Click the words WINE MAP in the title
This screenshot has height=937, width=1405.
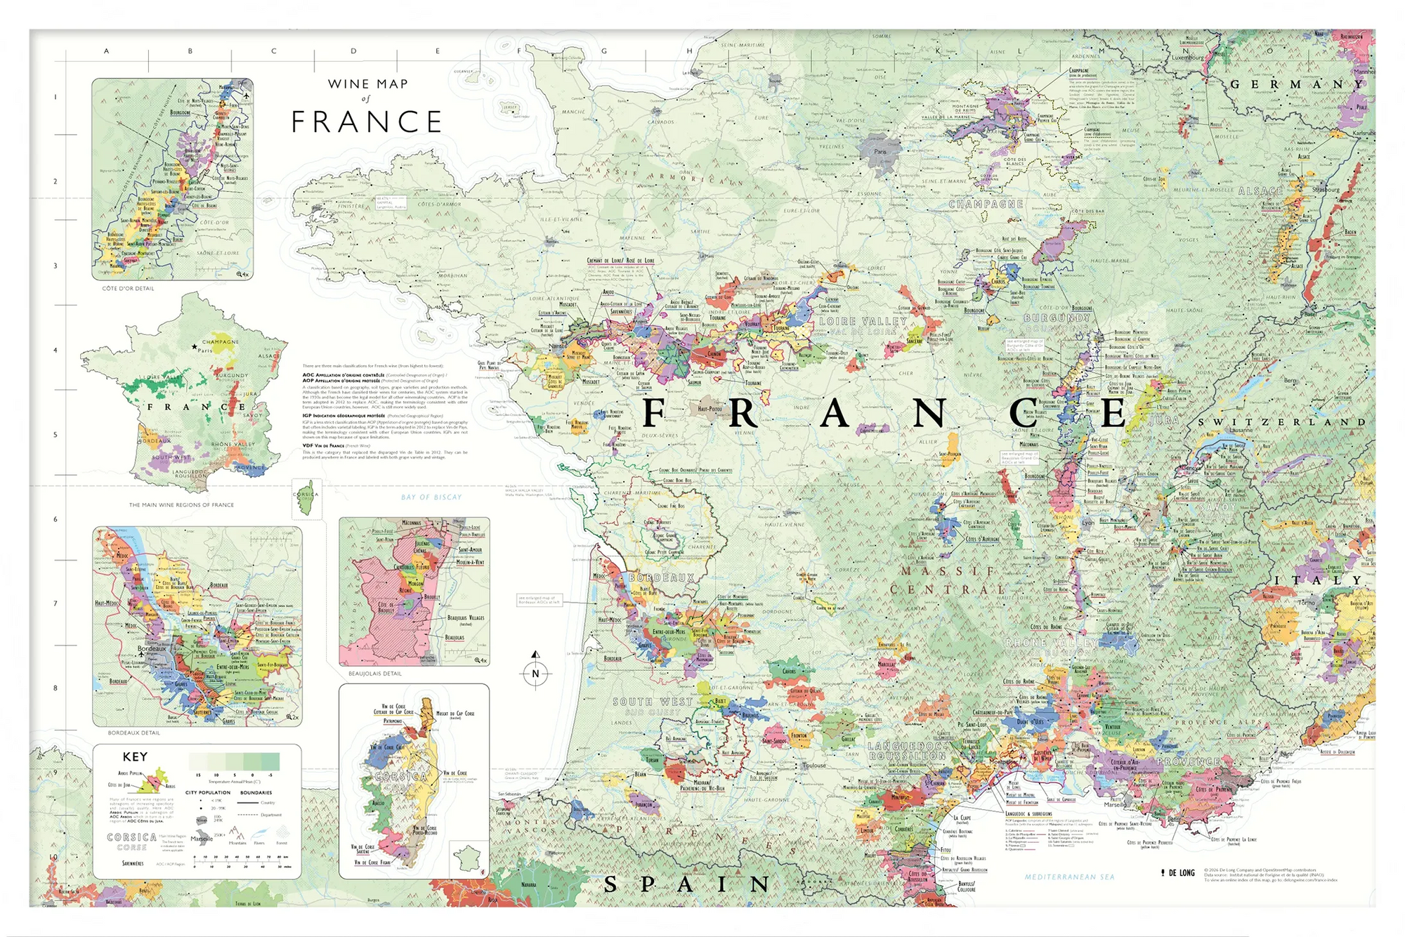click(x=367, y=84)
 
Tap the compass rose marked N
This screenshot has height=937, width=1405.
click(x=535, y=673)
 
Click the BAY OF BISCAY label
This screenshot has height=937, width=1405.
click(x=431, y=497)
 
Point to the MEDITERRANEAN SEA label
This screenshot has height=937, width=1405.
click(x=1069, y=877)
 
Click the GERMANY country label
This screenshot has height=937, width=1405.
click(x=1296, y=84)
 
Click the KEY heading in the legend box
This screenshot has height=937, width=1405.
click(x=135, y=756)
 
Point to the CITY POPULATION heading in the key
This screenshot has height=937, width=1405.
click(x=208, y=792)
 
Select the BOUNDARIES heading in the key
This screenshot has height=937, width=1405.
click(x=256, y=792)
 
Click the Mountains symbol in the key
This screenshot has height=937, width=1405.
click(x=237, y=835)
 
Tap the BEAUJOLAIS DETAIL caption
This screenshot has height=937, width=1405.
click(x=375, y=674)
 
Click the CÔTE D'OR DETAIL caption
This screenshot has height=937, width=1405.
click(x=128, y=289)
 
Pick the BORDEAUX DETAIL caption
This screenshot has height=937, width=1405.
click(x=133, y=733)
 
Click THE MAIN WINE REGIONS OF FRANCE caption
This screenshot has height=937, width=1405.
click(x=181, y=505)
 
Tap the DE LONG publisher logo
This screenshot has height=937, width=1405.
click(x=1178, y=873)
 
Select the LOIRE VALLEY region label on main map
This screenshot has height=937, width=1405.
click(x=863, y=322)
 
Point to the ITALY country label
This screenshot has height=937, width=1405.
click(x=1319, y=580)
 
